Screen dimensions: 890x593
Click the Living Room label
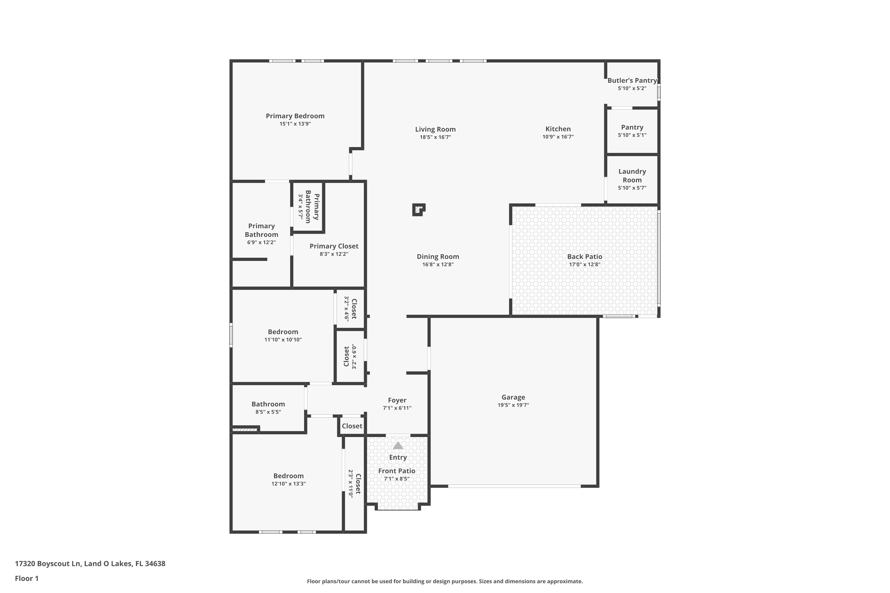tap(435, 129)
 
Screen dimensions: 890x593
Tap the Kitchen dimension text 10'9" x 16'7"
tap(558, 137)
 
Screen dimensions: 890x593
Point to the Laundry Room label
tap(632, 176)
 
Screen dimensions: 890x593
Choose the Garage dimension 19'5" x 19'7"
tap(513, 405)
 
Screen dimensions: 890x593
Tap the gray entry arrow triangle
tap(398, 446)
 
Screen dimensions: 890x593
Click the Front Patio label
tap(397, 471)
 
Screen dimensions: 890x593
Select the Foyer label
tap(397, 400)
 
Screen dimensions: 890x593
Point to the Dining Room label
tap(438, 257)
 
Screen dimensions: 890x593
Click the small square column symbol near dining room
tap(419, 210)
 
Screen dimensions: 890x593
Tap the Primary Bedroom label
tap(295, 116)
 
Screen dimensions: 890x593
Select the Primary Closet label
tap(334, 246)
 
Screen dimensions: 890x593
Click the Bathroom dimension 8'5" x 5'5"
tap(268, 412)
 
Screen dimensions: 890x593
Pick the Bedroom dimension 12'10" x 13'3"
tap(288, 484)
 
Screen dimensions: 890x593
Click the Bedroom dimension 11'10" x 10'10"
tap(283, 339)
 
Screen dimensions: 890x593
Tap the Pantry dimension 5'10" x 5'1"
tap(632, 135)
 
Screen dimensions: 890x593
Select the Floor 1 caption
tap(26, 578)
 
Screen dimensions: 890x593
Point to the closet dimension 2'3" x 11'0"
tap(351, 483)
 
